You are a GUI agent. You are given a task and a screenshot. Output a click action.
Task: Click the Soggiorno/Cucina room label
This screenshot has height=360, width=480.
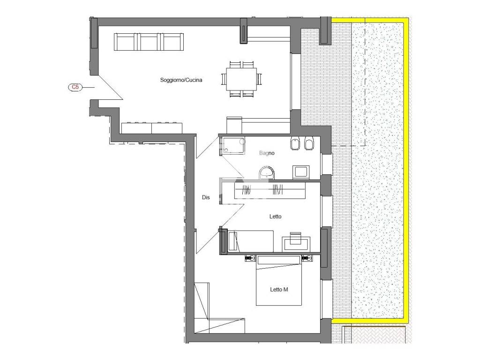point(181,80)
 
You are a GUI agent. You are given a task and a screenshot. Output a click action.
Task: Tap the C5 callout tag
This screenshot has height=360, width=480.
point(75,87)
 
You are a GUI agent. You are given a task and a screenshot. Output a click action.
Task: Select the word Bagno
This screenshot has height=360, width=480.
point(267,153)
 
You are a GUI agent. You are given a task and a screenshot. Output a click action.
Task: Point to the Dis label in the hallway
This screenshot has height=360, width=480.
point(206,197)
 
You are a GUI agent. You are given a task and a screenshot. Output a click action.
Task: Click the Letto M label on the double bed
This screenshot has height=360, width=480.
point(279,289)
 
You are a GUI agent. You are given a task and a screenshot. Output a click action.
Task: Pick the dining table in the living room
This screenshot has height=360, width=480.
point(241,79)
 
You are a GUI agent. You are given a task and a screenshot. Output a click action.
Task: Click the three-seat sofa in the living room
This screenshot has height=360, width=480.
point(149,42)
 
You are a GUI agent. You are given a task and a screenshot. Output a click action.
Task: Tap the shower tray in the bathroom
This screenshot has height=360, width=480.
point(233,145)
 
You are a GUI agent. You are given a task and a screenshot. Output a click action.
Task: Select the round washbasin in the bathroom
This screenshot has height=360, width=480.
point(267,173)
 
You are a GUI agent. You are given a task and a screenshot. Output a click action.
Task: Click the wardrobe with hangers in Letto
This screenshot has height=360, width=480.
point(270,190)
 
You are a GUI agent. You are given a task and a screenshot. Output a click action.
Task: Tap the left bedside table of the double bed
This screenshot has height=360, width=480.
point(250,258)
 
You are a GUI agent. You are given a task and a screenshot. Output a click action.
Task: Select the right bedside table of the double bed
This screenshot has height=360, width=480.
point(307,258)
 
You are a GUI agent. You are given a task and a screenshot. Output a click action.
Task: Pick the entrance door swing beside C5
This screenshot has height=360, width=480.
point(109,87)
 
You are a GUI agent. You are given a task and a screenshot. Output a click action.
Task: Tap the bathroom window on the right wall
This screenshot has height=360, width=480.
point(326,165)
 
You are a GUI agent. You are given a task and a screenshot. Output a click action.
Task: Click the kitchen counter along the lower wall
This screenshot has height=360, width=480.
point(152,128)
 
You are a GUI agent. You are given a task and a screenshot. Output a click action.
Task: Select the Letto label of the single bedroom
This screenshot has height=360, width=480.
point(275,217)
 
